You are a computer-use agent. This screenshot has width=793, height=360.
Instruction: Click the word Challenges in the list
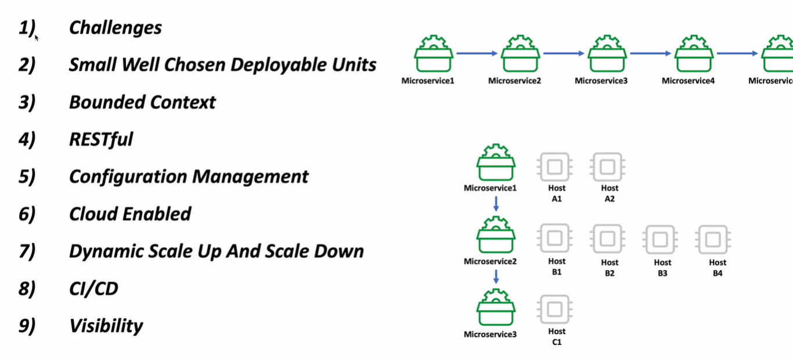(x=115, y=28)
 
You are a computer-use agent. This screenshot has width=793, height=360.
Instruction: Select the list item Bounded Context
(x=142, y=102)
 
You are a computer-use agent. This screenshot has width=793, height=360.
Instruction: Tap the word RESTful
(x=101, y=139)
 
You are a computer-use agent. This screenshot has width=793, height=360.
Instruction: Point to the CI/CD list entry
(x=93, y=289)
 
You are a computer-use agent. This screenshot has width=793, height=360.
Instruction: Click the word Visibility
(x=106, y=326)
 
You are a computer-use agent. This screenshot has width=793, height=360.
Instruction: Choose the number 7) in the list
(x=27, y=251)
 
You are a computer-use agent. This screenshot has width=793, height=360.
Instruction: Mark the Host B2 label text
(x=609, y=268)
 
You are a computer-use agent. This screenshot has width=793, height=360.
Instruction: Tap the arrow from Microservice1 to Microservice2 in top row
(x=476, y=53)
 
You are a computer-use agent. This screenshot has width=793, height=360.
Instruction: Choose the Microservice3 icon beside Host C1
(x=496, y=308)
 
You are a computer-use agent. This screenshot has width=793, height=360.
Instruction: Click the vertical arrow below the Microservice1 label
(x=496, y=203)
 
